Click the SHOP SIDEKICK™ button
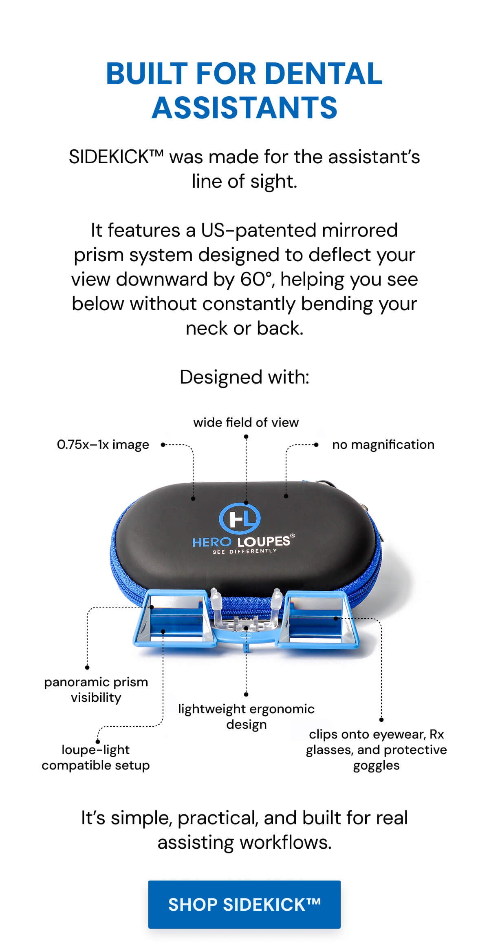point(244,904)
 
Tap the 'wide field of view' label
point(246,422)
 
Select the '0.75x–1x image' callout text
point(103,444)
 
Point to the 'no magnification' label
point(383,444)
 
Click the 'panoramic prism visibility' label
point(96,690)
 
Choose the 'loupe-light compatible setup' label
point(96,757)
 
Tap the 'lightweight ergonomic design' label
point(246,717)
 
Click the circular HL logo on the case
point(240,518)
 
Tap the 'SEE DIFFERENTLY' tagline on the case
point(244,551)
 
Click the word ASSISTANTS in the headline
point(244,107)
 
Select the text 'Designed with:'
point(244,377)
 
